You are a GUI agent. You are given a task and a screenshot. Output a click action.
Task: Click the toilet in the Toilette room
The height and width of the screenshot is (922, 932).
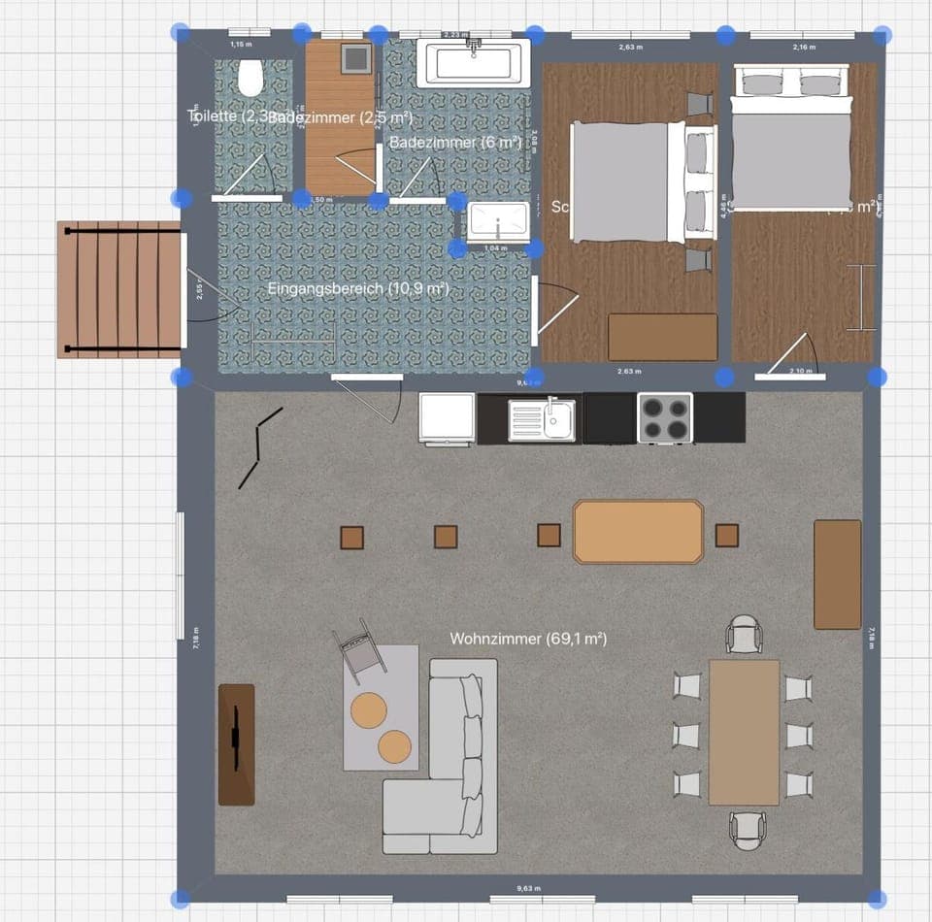click(250, 78)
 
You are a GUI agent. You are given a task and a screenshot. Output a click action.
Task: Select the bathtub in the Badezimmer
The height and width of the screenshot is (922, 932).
click(474, 63)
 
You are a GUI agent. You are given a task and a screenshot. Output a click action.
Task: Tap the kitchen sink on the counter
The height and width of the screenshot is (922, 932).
click(543, 417)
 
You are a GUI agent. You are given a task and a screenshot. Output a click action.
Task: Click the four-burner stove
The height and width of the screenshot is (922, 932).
click(665, 417)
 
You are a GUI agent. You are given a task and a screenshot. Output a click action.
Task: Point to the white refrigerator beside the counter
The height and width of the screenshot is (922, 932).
click(447, 418)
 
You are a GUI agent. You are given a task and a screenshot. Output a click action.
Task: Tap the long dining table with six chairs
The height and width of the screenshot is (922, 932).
click(744, 732)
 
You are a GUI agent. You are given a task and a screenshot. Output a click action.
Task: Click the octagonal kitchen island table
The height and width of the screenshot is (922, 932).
click(638, 531)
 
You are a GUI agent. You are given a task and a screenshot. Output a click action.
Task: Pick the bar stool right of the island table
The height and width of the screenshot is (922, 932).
click(726, 535)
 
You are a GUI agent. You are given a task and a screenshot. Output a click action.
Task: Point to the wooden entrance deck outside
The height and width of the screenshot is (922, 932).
click(119, 289)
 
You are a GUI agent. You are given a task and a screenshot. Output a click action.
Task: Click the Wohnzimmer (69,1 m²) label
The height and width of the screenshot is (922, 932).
click(528, 639)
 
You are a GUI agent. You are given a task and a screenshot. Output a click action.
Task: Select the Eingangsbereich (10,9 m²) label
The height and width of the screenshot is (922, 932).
click(358, 288)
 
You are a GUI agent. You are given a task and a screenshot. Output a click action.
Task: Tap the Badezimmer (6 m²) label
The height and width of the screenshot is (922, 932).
click(455, 142)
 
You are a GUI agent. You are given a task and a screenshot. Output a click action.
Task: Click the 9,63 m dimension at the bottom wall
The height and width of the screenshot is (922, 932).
click(528, 887)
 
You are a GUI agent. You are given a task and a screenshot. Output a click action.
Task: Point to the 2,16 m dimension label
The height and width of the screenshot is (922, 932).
click(804, 47)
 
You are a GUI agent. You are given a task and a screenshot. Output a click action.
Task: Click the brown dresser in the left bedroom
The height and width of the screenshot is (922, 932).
click(662, 337)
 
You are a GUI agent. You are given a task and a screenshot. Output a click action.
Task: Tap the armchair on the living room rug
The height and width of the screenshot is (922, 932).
click(358, 646)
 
